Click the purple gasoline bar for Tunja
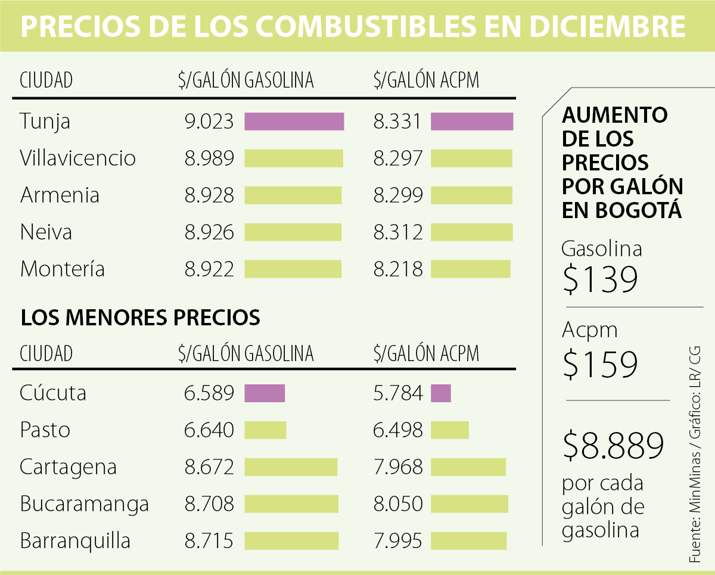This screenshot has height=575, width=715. point(294,122)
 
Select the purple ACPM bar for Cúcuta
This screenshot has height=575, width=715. point(441,393)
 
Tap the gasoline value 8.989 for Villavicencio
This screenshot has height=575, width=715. point(209,158)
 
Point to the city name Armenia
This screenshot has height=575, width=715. point(60,195)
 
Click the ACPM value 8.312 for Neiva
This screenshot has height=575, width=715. point(398,232)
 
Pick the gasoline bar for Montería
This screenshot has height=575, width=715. point(293,269)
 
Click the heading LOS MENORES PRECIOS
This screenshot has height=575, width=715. point(141,318)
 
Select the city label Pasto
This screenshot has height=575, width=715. point(45,430)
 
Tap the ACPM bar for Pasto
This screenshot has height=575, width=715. point(450,430)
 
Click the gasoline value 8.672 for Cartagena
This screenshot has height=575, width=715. point(209,467)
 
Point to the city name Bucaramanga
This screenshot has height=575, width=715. point(84,504)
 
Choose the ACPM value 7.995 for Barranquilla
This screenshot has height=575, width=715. point(398,541)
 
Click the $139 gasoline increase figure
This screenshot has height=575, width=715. point(600,279)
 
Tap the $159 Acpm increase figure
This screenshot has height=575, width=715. point(600,364)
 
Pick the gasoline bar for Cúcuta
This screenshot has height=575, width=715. point(265,393)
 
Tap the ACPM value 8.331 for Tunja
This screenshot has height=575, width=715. point(398,122)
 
